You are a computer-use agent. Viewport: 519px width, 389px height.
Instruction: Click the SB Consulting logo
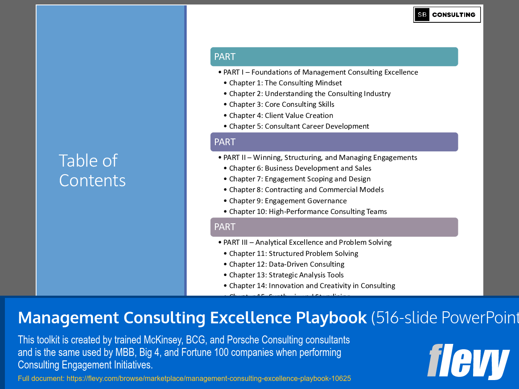click(x=447, y=15)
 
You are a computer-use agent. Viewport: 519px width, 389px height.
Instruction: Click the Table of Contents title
click(x=92, y=170)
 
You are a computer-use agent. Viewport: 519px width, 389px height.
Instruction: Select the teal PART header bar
click(x=334, y=57)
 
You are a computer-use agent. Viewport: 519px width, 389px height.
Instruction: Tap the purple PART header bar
click(x=334, y=142)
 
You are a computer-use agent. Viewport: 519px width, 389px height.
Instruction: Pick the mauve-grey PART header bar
click(x=334, y=227)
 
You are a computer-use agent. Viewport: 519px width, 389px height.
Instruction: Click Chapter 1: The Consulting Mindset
click(x=285, y=83)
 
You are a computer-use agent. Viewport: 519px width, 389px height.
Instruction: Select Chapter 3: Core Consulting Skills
click(x=281, y=105)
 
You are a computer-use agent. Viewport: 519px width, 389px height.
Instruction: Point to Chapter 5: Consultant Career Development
click(x=299, y=126)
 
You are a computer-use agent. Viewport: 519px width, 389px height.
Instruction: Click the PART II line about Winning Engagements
click(x=320, y=158)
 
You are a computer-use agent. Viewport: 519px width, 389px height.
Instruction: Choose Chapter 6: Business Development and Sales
click(x=300, y=168)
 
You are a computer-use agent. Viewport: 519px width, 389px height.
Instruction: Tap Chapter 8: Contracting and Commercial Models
click(x=306, y=190)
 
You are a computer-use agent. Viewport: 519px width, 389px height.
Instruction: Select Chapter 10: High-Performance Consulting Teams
click(x=308, y=212)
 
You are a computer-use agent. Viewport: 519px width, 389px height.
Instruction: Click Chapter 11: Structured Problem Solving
click(x=293, y=254)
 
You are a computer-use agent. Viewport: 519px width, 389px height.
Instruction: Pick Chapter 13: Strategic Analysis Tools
click(x=286, y=275)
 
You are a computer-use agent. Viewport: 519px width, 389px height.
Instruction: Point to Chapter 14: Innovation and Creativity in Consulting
click(x=312, y=286)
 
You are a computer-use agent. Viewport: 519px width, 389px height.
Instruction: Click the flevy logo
click(x=468, y=361)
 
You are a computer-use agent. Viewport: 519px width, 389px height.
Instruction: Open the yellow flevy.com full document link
click(x=184, y=379)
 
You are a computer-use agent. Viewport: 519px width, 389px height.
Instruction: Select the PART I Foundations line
click(x=321, y=72)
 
